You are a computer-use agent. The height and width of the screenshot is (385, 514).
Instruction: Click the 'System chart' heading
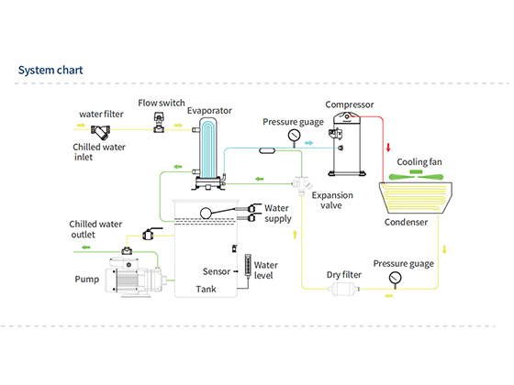(x=50, y=70)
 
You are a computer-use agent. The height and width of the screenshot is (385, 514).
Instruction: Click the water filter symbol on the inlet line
(x=100, y=132)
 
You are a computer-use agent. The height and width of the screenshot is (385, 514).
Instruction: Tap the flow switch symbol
(x=159, y=122)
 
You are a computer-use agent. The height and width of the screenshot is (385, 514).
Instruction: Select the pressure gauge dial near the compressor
(x=294, y=135)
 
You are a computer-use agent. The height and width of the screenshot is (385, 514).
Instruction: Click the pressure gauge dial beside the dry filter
(x=395, y=278)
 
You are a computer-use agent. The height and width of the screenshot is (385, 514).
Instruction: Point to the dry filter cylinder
(x=343, y=289)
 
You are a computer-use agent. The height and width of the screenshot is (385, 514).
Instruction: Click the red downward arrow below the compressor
(x=388, y=148)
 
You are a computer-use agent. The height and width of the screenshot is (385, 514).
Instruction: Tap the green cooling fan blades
(x=416, y=175)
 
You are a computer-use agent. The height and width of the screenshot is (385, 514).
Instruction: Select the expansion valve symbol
(x=301, y=185)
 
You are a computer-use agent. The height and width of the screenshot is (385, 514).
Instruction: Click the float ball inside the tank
(x=206, y=214)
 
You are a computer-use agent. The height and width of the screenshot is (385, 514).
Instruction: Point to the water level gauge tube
(x=248, y=266)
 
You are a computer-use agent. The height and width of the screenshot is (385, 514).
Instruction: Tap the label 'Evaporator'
(x=209, y=111)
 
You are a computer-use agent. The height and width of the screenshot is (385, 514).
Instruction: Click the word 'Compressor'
(x=350, y=104)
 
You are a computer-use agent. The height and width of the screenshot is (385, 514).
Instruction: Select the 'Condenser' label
(x=406, y=222)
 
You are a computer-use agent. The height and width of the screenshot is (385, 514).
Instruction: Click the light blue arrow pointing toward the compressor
(x=308, y=143)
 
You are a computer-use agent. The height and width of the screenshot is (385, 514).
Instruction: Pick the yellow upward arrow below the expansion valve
(x=295, y=235)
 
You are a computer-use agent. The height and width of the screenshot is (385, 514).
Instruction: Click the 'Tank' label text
(x=206, y=289)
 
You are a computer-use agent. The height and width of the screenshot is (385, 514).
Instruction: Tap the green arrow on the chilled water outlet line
(x=86, y=247)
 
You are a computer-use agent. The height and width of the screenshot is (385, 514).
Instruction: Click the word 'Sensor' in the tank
(x=217, y=271)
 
